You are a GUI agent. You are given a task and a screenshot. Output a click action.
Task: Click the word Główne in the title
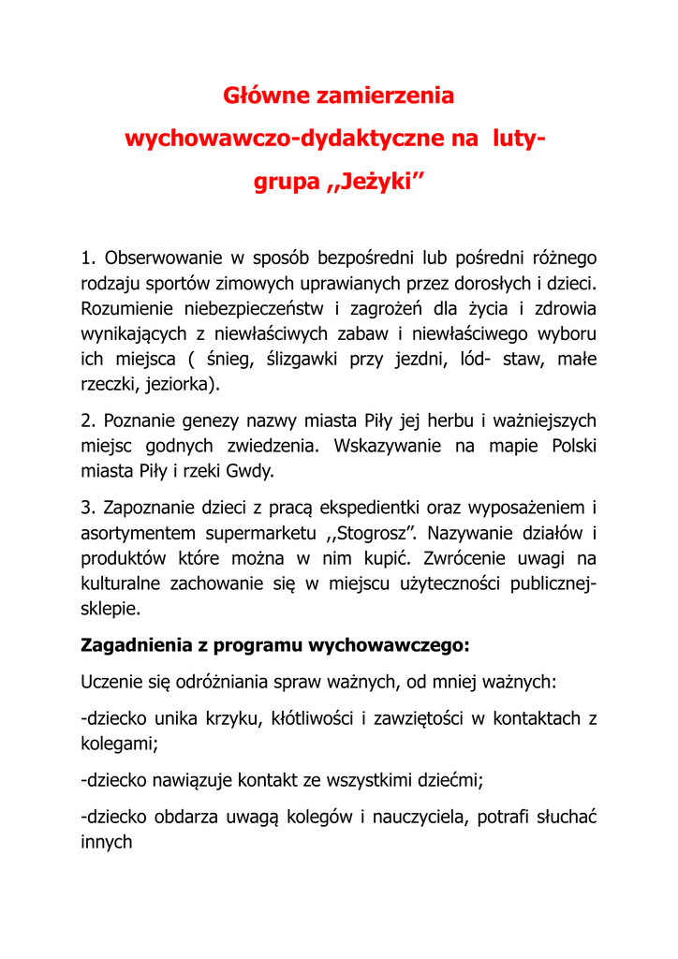263,96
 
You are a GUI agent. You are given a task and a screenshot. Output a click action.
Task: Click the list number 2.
88,420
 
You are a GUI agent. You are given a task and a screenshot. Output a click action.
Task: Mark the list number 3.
88,508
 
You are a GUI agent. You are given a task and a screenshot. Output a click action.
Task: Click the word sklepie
111,609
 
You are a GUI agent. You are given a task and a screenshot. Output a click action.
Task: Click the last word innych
107,842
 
